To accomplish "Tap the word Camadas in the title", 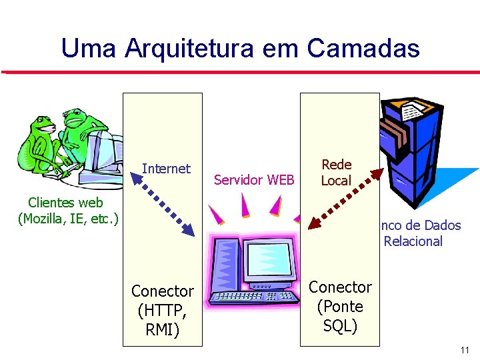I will pos(363,48).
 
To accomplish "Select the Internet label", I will pos(166,169).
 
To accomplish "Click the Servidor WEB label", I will pos(254,179).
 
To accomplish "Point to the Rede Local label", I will pos(336,172).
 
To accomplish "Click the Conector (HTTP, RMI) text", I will pos(162,311).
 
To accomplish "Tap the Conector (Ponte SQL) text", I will pos(340,307).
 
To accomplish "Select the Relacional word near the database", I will pos(413,241).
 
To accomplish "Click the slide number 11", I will pos(465,350).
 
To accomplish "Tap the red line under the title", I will pos(240,71).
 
